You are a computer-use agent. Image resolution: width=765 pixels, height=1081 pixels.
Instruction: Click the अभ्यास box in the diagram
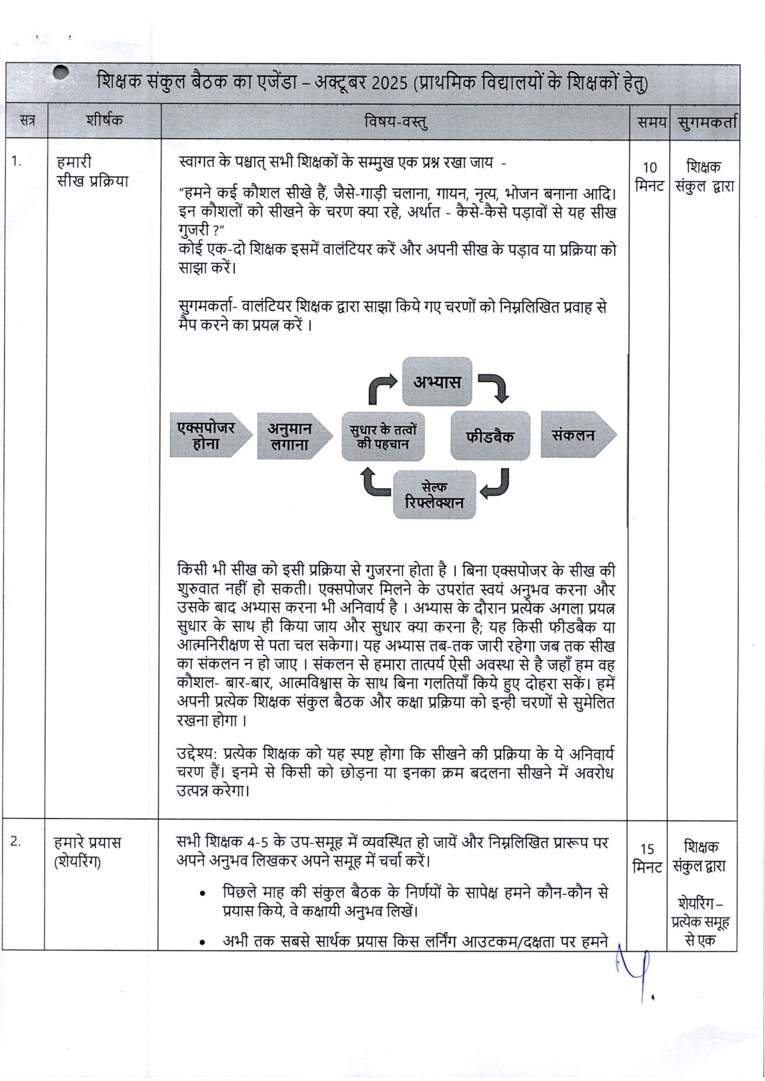(437, 381)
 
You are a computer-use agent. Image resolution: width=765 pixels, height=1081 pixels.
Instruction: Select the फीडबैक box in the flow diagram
(490, 435)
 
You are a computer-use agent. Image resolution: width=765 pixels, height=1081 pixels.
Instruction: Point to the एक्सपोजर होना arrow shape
(206, 435)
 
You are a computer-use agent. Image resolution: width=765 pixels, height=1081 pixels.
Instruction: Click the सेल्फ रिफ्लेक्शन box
(434, 495)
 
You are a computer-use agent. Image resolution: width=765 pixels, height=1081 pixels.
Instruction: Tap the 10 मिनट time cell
(649, 177)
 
